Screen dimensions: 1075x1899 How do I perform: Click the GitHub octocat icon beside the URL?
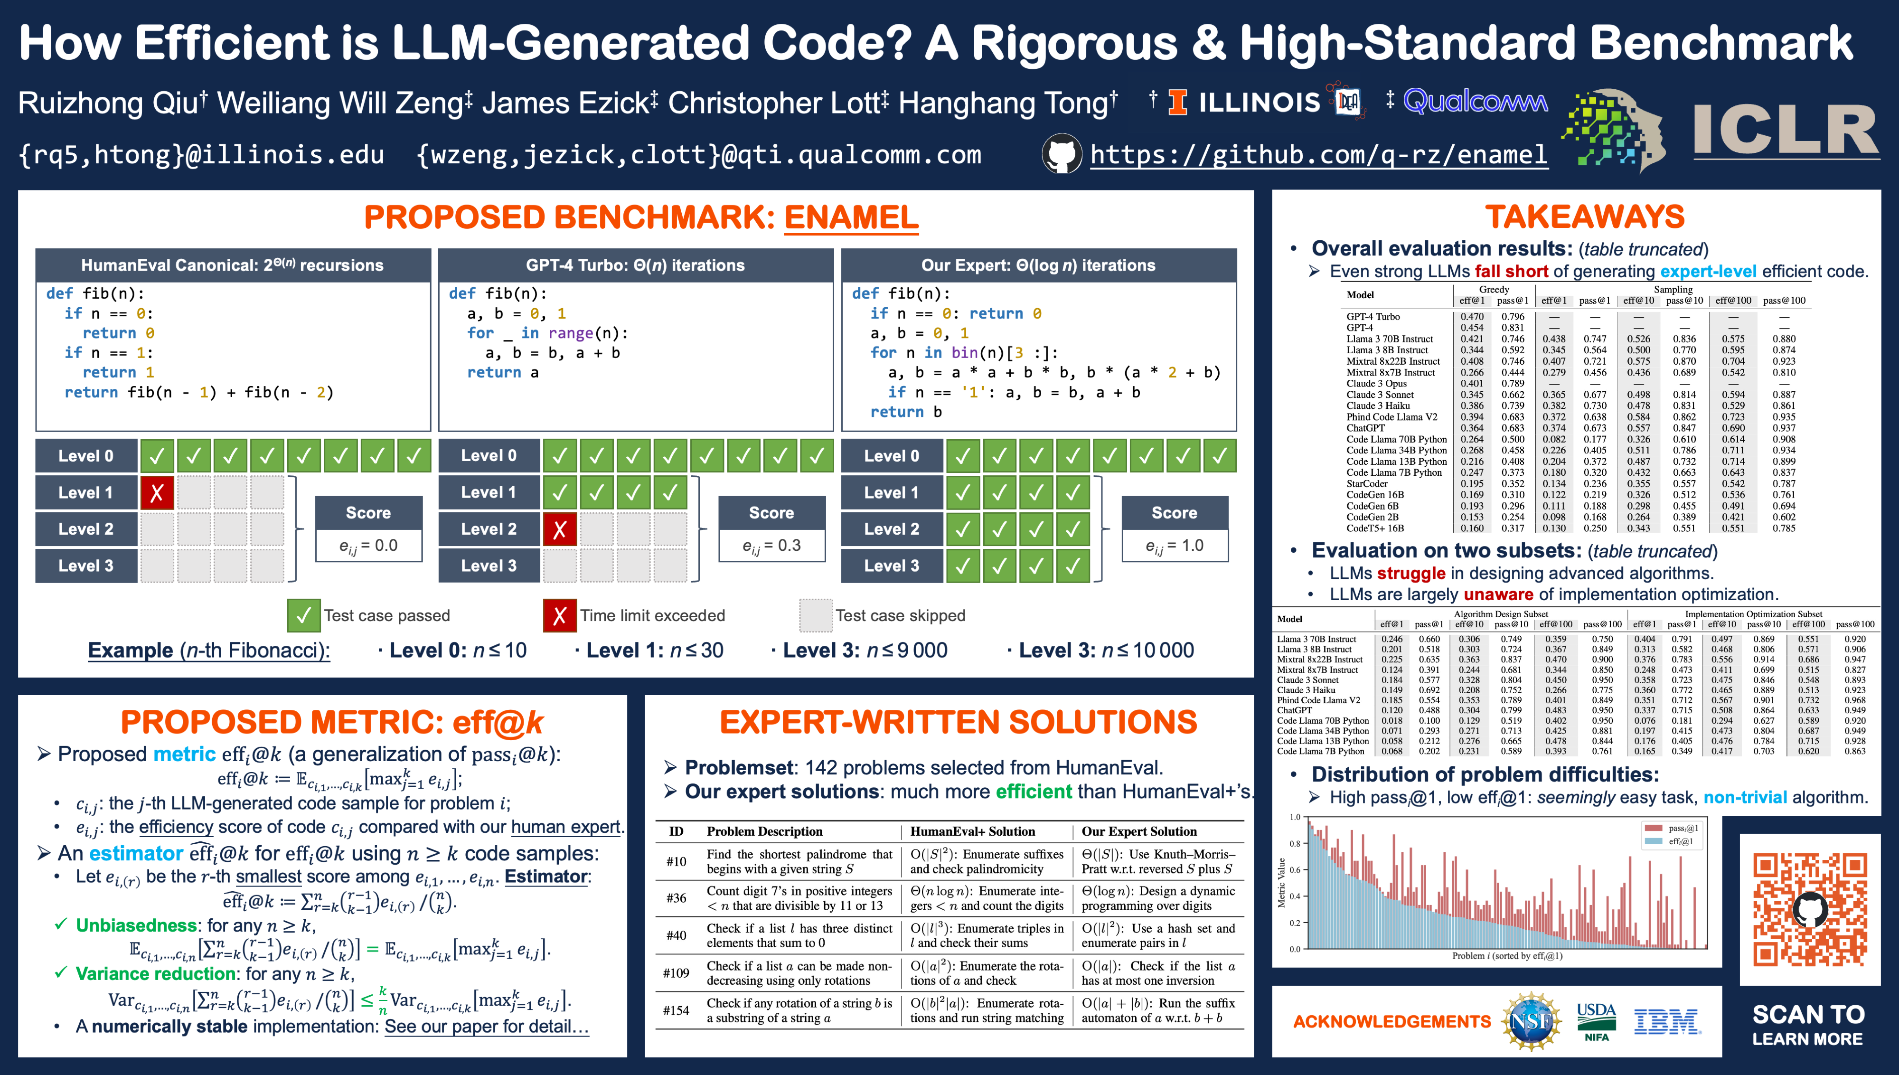tap(1062, 153)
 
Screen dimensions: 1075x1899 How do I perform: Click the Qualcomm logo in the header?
tap(1475, 101)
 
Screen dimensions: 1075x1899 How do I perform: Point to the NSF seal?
tap(1532, 1022)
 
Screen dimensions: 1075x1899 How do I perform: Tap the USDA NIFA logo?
tap(1597, 1022)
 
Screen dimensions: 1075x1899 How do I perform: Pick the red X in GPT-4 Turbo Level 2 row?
tap(559, 529)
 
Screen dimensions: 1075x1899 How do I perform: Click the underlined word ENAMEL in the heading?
tap(851, 217)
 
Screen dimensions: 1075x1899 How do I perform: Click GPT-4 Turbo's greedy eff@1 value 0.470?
tap(1472, 317)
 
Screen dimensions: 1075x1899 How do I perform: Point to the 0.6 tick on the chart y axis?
tap(1295, 870)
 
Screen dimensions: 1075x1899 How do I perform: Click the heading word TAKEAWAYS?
tap(1585, 217)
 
